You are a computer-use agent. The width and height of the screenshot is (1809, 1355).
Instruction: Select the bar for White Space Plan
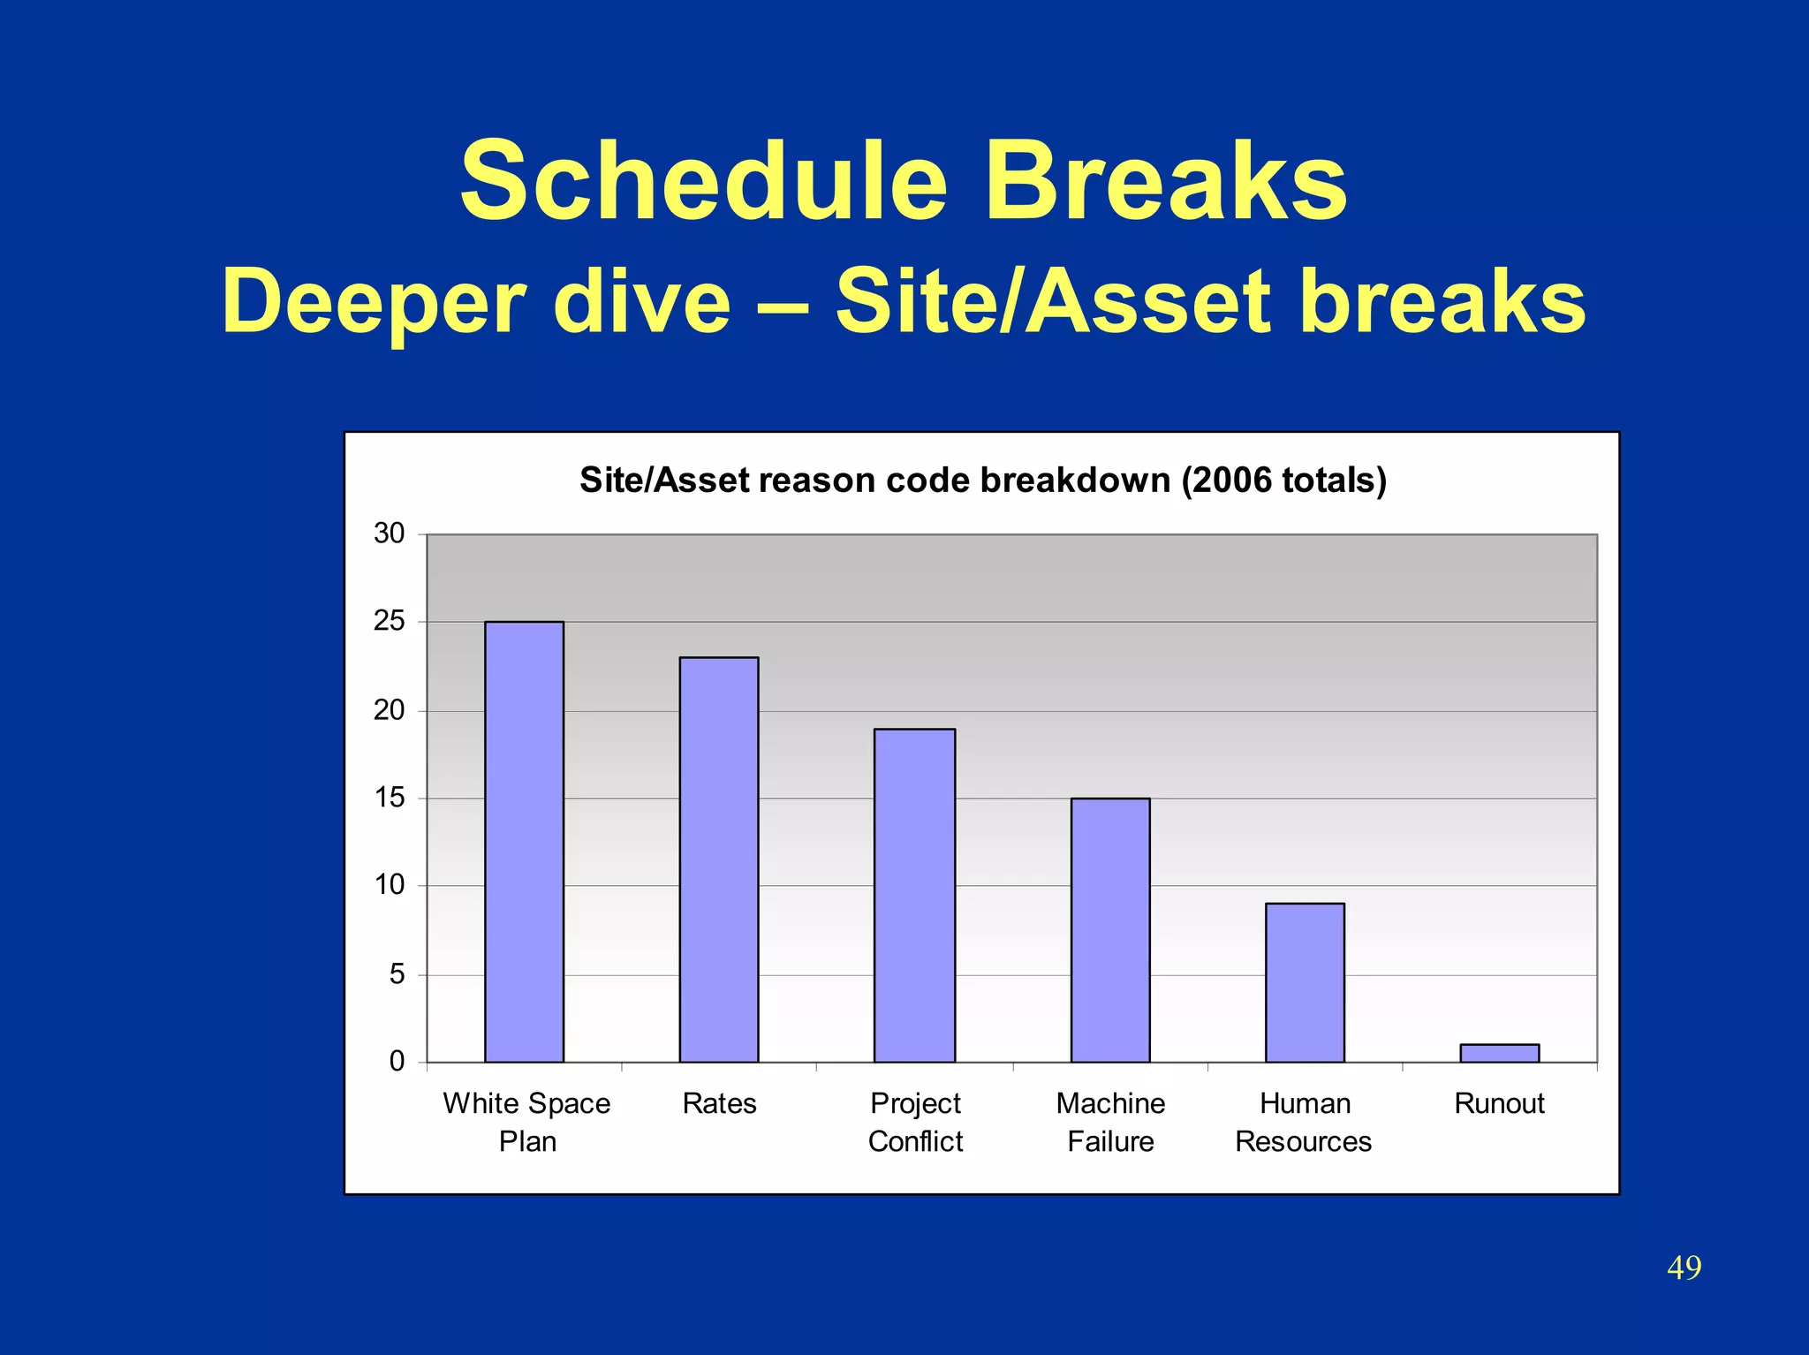[x=524, y=841]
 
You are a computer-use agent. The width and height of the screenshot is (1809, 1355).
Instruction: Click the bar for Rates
[x=718, y=859]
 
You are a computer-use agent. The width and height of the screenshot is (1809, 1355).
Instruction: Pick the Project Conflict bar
[x=914, y=895]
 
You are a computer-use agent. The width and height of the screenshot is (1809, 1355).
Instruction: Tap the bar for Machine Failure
[x=1110, y=929]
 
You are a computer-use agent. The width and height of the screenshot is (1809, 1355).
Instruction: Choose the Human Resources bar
[x=1305, y=981]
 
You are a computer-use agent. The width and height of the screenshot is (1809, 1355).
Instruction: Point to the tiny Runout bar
[x=1499, y=1053]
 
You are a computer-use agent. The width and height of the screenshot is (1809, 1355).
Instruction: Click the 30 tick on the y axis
[x=389, y=534]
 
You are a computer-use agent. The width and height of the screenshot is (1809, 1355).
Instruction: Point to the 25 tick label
[x=389, y=622]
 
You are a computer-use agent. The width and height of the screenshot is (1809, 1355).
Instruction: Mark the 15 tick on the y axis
[x=389, y=798]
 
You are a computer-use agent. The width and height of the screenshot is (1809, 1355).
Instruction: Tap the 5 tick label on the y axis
[x=397, y=974]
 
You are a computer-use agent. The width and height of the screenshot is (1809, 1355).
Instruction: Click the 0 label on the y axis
[x=397, y=1061]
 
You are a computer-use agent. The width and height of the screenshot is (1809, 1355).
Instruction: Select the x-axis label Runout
[x=1499, y=1103]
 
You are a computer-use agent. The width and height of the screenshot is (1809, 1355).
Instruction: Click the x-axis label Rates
[x=719, y=1103]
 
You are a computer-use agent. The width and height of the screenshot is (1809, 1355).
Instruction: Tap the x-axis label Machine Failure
[x=1110, y=1122]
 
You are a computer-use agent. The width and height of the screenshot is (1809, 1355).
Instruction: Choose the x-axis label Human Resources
[x=1304, y=1122]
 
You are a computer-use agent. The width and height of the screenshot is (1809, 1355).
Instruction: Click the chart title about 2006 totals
[x=982, y=480]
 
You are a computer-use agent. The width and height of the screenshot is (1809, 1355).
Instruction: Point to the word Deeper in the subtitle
[x=375, y=302]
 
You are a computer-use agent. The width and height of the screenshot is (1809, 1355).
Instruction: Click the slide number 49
[x=1684, y=1268]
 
